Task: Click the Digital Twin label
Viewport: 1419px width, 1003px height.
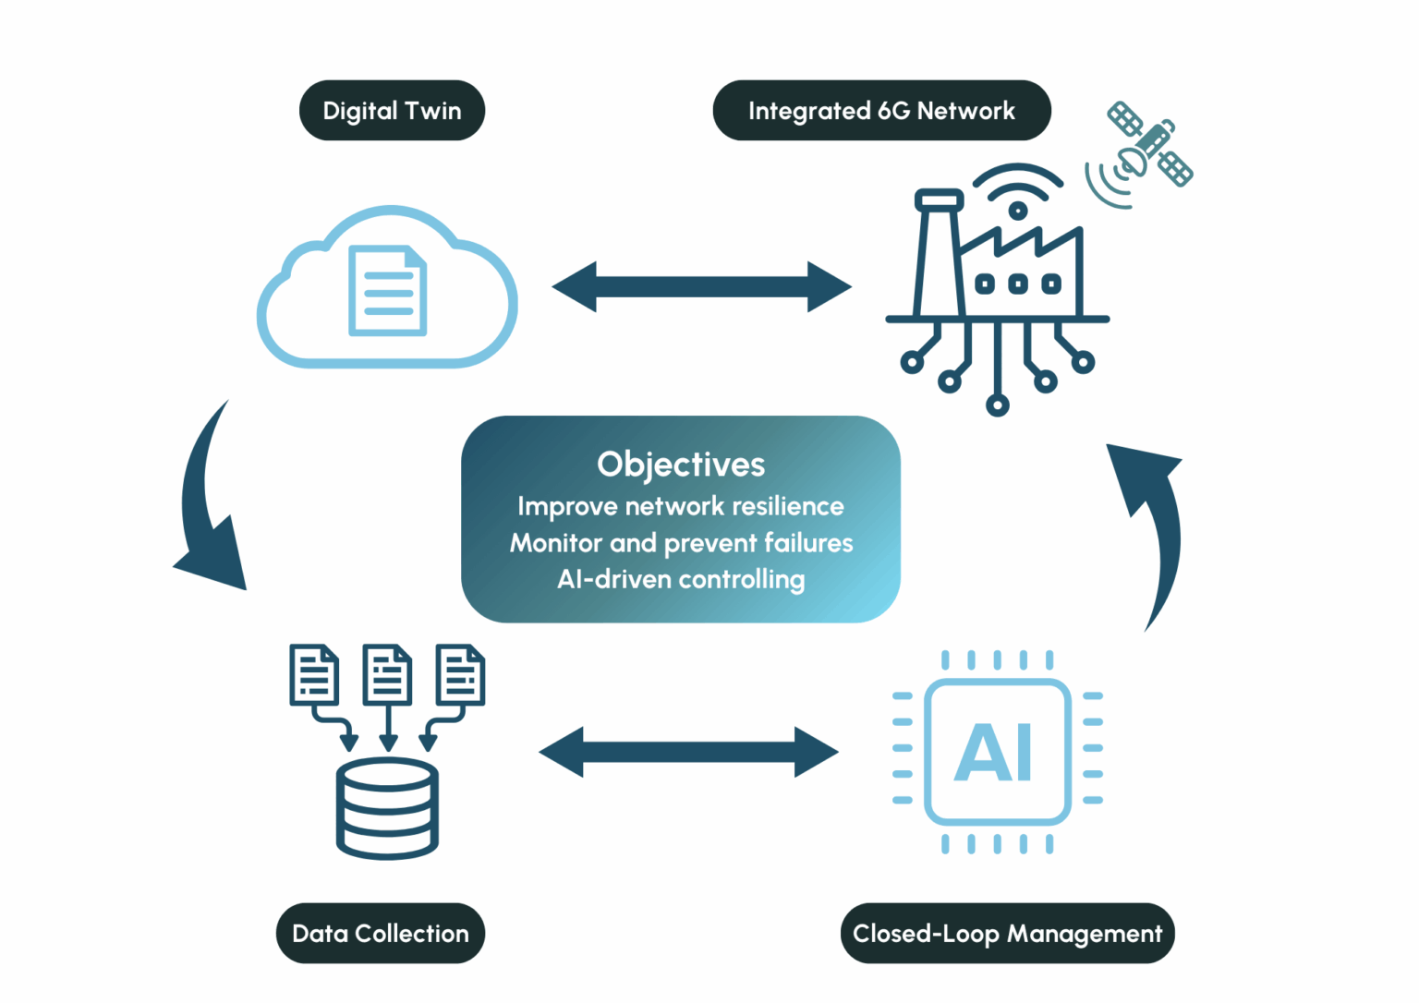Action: [x=392, y=111]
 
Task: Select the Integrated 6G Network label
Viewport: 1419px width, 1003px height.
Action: [x=881, y=111]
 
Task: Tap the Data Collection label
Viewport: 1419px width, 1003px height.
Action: [x=381, y=934]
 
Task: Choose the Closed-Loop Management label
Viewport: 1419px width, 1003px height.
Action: [x=1007, y=934]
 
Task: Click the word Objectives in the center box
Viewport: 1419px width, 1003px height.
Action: [x=681, y=465]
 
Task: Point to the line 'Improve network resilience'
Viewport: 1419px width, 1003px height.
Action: [x=681, y=506]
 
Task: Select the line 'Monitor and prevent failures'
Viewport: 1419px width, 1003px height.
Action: [x=681, y=543]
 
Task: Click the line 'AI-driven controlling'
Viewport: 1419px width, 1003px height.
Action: [x=681, y=580]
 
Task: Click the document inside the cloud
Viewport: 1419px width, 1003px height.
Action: [x=388, y=291]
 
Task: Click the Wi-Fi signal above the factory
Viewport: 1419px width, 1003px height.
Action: [x=1017, y=189]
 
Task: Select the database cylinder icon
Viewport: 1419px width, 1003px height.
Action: [x=387, y=808]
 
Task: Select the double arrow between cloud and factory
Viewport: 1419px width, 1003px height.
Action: [x=702, y=286]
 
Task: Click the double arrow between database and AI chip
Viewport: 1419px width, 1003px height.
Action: [x=689, y=752]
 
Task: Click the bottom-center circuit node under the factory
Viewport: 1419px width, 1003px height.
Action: [x=997, y=405]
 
